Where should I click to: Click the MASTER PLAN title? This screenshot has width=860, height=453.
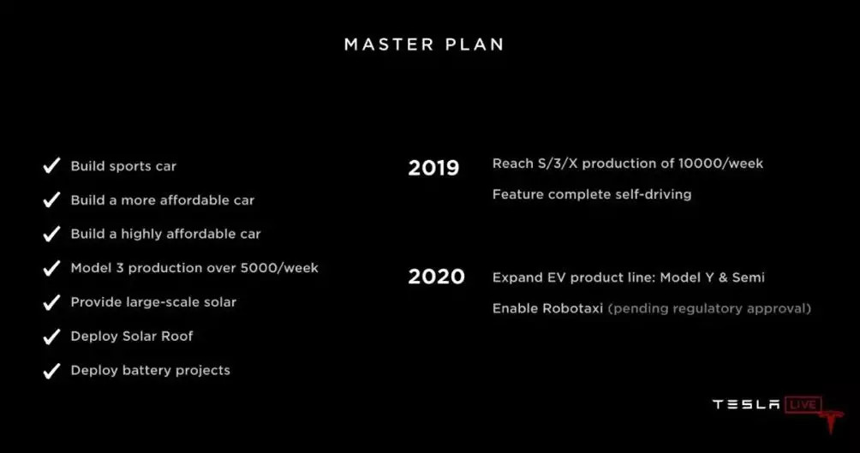[x=423, y=45]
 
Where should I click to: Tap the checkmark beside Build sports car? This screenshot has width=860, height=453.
[x=51, y=165]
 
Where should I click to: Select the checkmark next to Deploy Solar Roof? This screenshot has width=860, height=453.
[x=51, y=337]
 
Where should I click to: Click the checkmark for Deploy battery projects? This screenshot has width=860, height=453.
[x=51, y=371]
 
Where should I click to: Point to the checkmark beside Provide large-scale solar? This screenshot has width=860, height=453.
[x=51, y=302]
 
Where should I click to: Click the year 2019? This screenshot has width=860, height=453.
[x=433, y=168]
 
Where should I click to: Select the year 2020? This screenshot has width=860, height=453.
[x=436, y=277]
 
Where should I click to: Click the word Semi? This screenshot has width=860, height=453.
[x=748, y=277]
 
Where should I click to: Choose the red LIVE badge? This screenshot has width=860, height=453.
[x=803, y=405]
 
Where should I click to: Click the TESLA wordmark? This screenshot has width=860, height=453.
[x=746, y=405]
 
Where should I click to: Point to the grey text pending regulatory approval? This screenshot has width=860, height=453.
[x=709, y=309]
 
